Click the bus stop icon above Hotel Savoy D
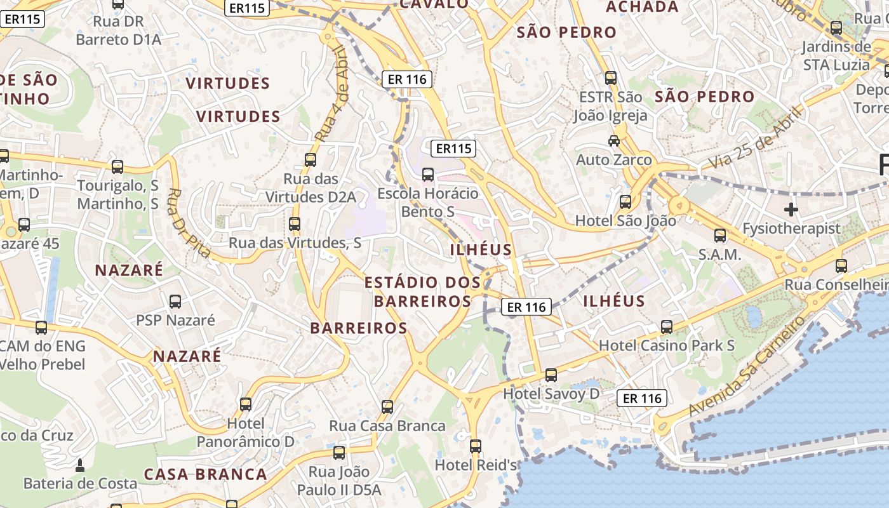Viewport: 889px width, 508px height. tap(551, 375)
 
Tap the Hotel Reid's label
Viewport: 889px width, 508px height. tap(476, 465)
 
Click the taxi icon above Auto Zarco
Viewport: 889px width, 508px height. tap(614, 141)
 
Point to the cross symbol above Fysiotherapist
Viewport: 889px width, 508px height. tap(791, 209)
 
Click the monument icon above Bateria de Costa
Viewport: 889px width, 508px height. tap(80, 465)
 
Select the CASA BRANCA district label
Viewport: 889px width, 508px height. tap(205, 474)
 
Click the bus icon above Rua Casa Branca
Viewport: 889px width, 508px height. tap(387, 407)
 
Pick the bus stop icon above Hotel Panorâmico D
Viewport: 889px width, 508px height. tap(246, 404)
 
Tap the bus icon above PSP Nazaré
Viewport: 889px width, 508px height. tap(175, 302)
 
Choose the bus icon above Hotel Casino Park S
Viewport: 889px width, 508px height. tap(666, 327)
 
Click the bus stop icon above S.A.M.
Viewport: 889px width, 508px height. tap(719, 236)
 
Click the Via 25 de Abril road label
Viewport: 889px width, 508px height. tap(755, 138)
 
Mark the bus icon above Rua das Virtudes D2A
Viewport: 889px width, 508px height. tap(311, 160)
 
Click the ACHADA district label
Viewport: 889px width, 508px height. tap(642, 7)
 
